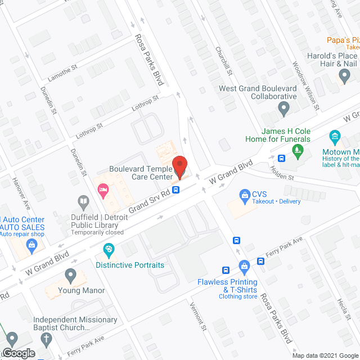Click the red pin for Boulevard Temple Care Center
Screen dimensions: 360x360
[179, 166]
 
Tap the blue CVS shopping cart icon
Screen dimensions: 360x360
[245, 195]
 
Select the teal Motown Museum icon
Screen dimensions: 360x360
[335, 136]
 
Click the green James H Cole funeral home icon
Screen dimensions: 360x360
[298, 149]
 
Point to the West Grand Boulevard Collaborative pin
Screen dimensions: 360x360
[285, 107]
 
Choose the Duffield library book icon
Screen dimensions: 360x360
[83, 201]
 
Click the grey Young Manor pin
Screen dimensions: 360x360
[70, 275]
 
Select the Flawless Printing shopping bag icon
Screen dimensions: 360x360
[244, 265]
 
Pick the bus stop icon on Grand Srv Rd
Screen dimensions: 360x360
[176, 190]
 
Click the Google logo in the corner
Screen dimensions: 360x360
[18, 353]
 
